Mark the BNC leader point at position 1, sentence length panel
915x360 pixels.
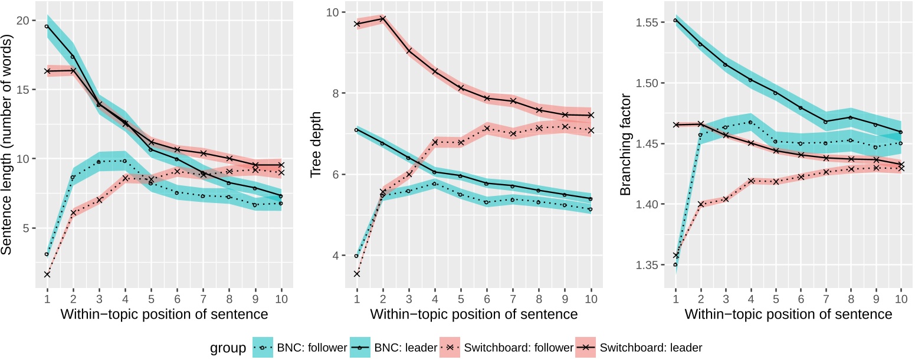(46, 26)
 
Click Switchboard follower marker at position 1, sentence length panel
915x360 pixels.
(46, 274)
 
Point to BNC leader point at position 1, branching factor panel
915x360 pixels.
(675, 21)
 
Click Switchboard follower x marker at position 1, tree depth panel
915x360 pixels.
(356, 274)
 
